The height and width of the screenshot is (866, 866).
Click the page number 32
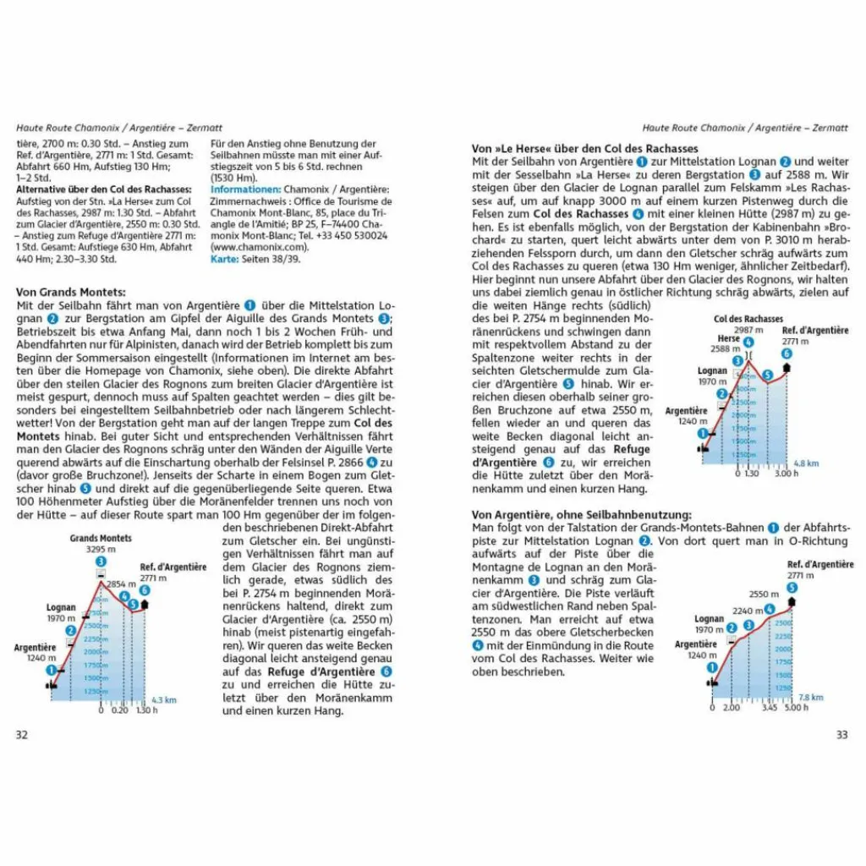(x=22, y=735)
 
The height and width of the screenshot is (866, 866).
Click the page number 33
(x=841, y=735)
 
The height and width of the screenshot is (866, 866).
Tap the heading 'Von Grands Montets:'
(x=71, y=292)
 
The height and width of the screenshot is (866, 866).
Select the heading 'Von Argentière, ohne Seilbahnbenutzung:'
(x=582, y=515)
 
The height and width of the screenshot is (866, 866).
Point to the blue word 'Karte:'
(x=224, y=260)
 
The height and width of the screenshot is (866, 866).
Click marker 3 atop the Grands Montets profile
(x=101, y=562)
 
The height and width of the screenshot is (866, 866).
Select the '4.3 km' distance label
(x=163, y=700)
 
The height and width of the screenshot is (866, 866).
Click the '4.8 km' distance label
(x=807, y=463)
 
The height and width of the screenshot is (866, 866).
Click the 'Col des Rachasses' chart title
(x=748, y=319)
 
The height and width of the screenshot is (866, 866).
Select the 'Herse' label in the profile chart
(x=729, y=338)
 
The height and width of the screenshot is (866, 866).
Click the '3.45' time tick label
(x=769, y=708)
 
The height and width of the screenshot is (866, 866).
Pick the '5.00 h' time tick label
(x=796, y=708)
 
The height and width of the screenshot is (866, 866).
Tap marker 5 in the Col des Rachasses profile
(x=768, y=375)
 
